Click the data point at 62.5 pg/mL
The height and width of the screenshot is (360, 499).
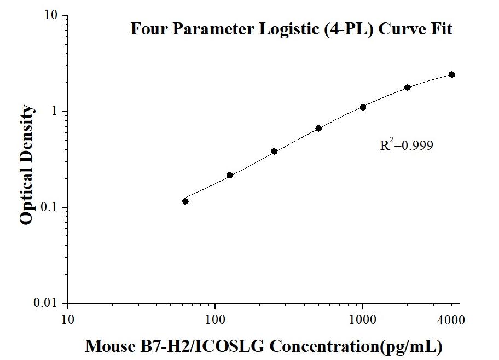pos(185,201)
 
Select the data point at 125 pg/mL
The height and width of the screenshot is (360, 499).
pos(230,175)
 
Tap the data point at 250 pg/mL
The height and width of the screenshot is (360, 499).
pos(274,151)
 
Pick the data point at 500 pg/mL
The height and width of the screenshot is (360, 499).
pos(318,128)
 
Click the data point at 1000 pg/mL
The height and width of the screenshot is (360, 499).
pos(363,107)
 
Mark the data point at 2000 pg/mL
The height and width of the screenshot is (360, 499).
pos(408,88)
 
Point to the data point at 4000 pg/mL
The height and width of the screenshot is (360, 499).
pos(452,74)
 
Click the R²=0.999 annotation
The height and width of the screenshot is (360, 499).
pos(407,146)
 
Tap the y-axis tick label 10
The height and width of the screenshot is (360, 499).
pos(52,15)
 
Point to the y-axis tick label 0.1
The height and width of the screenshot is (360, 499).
pos(50,207)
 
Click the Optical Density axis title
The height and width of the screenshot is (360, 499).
pos(26,165)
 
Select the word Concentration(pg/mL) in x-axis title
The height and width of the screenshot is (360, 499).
pos(356,346)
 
